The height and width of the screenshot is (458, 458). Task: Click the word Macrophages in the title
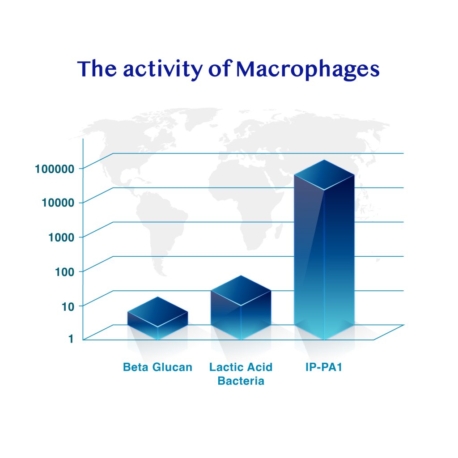tap(308, 69)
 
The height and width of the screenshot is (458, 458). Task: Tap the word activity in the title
tap(163, 69)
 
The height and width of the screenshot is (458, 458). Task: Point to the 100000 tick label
tap(55, 169)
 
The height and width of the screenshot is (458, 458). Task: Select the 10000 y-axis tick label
tap(58, 203)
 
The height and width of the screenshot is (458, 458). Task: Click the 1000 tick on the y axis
tap(61, 237)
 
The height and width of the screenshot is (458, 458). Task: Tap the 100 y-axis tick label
tap(65, 272)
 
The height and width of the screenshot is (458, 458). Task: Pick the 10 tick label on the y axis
tap(68, 306)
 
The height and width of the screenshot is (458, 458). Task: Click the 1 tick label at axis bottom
tap(71, 339)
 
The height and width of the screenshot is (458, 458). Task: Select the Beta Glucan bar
tap(158, 318)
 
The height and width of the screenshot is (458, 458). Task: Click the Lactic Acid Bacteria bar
tap(241, 308)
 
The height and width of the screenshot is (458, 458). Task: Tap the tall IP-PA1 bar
tap(324, 250)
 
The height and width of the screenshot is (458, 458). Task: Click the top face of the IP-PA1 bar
tap(324, 175)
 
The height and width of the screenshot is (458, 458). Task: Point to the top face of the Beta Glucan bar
tap(158, 312)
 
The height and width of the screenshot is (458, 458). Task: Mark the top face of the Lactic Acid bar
tap(241, 290)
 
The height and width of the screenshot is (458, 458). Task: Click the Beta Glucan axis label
tap(158, 367)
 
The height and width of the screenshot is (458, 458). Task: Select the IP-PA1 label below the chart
tap(324, 367)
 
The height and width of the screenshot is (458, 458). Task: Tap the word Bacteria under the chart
tap(241, 381)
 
